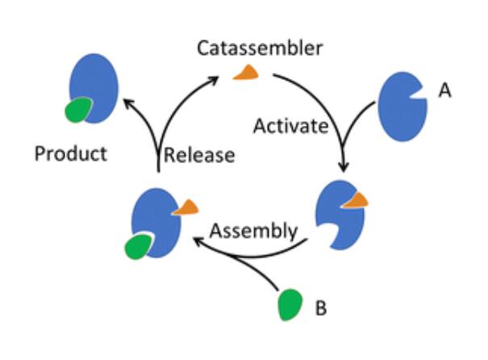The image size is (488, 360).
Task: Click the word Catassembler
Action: coord(260,48)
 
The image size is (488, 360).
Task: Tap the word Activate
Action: coord(291,126)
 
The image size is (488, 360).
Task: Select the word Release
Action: coord(199,155)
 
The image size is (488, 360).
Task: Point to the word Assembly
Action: coord(253,231)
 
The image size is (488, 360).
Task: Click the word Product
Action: coord(71,153)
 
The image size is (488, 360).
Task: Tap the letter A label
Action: coord(444,90)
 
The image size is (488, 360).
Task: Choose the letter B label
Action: coord(321,308)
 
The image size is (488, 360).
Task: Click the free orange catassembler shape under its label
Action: coord(247,73)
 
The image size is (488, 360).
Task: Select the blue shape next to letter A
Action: coord(402,107)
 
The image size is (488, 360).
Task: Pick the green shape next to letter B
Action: coord(290,305)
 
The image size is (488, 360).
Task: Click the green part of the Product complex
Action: coord(77,110)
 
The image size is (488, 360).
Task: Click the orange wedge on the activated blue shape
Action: coord(357,200)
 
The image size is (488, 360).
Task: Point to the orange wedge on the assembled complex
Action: coord(187,207)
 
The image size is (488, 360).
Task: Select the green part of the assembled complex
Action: coord(138,247)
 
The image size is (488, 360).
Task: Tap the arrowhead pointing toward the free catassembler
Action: coord(214,80)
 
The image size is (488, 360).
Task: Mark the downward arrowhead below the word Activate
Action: coord(344,167)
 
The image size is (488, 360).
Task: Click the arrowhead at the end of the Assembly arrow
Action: coord(198,241)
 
